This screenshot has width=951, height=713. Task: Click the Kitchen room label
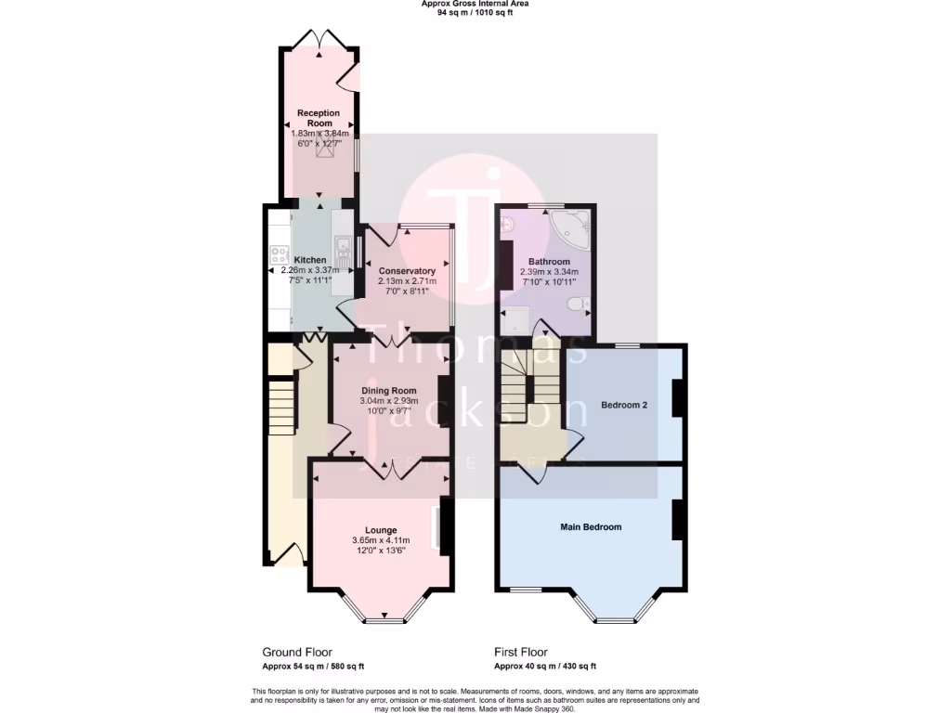(x=310, y=260)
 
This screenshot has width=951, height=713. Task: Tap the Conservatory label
(x=407, y=271)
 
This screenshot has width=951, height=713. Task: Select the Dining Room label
(x=389, y=391)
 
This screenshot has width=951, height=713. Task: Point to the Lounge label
(x=381, y=530)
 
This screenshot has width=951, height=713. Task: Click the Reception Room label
(x=319, y=118)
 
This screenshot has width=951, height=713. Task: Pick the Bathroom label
(x=549, y=262)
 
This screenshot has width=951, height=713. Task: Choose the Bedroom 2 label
(x=624, y=406)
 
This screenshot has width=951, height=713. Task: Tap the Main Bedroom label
(x=591, y=527)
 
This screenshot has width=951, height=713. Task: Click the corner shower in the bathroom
(x=570, y=227)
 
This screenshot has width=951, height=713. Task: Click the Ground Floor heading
(x=297, y=653)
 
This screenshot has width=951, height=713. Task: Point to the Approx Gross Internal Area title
(x=475, y=5)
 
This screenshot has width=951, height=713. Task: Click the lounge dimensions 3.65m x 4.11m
(x=381, y=541)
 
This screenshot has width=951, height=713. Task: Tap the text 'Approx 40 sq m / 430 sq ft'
(x=545, y=667)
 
